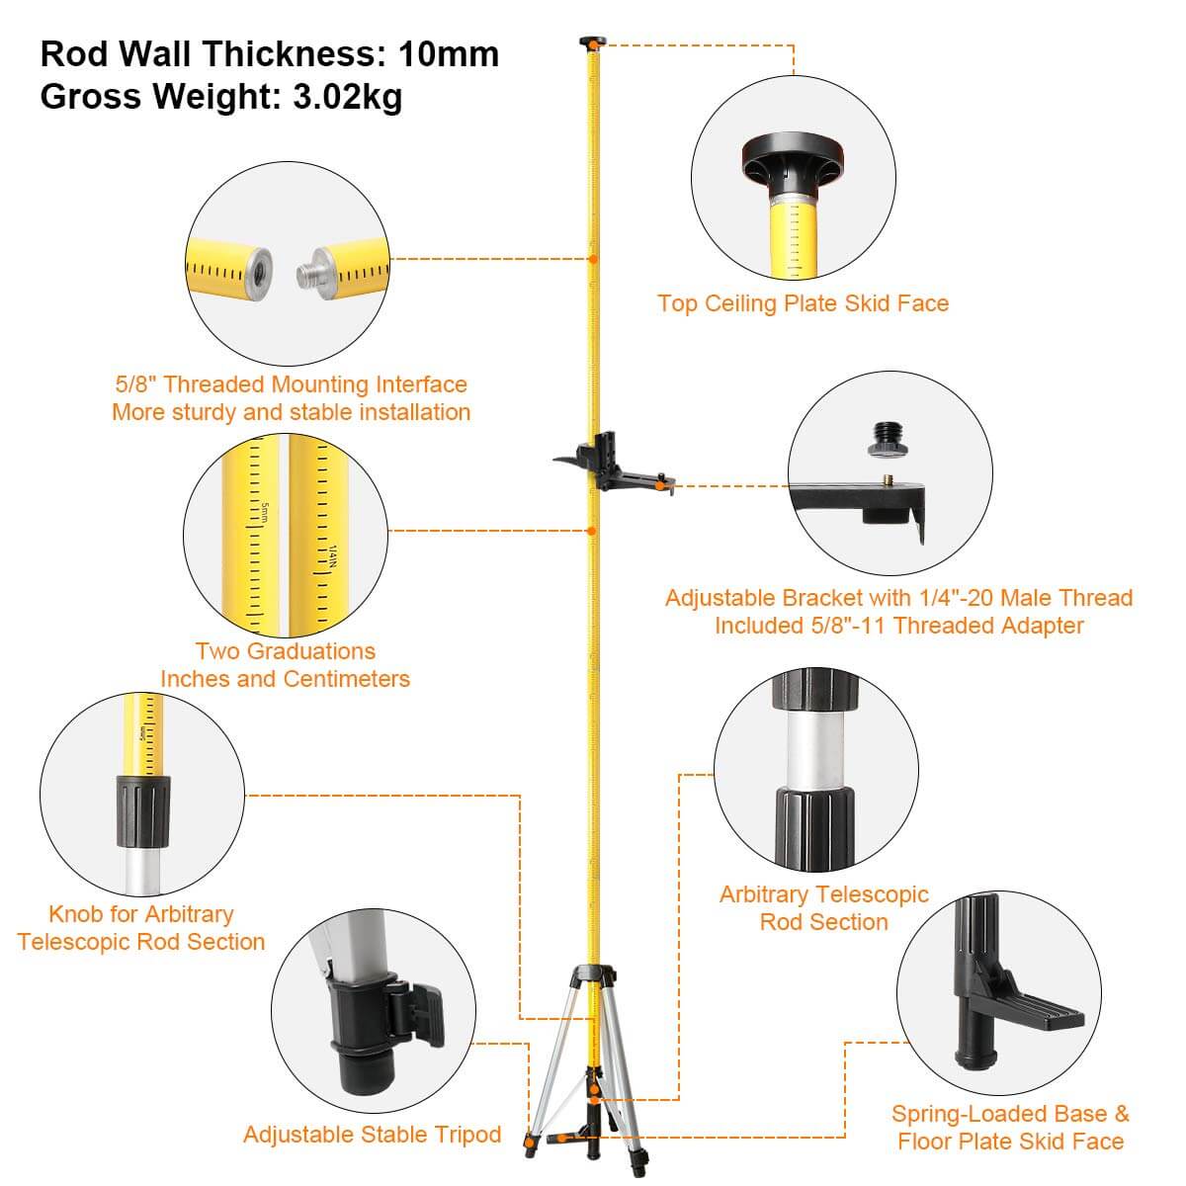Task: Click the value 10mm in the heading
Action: tap(449, 54)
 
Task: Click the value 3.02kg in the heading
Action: tap(348, 97)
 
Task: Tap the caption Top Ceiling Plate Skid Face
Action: tap(803, 303)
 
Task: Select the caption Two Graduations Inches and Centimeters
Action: tap(285, 665)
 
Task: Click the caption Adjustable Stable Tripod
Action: tap(373, 1135)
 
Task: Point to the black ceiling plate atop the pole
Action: tap(591, 42)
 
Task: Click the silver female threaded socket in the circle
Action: tap(259, 267)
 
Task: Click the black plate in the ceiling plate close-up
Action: tap(795, 158)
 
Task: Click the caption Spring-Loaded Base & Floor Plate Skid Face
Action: tap(1010, 1128)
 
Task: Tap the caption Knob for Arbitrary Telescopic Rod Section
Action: tap(141, 928)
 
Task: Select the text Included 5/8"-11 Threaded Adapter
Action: tap(898, 626)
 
